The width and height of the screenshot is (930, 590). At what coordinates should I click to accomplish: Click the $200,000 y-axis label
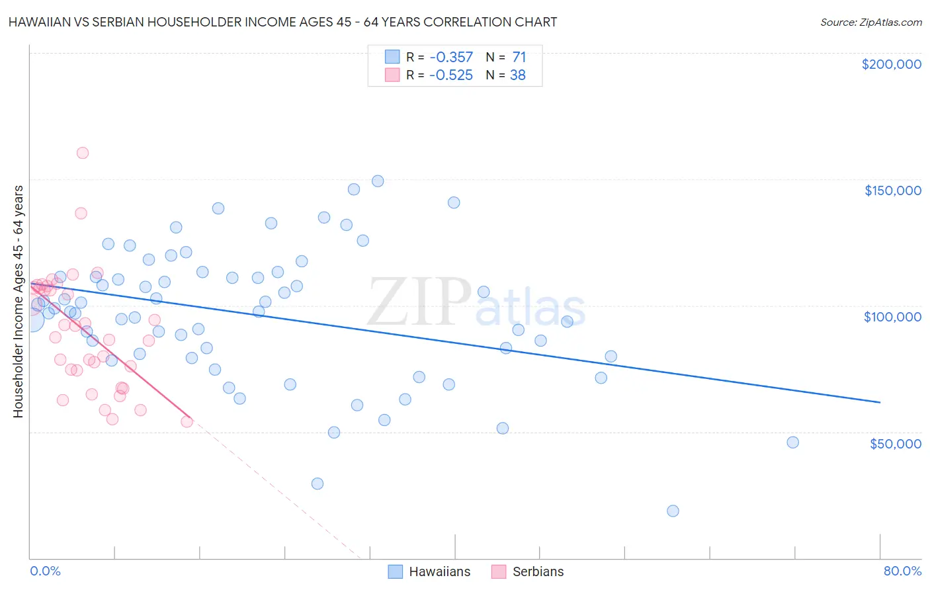click(x=891, y=64)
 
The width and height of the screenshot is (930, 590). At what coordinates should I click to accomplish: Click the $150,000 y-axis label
click(x=892, y=190)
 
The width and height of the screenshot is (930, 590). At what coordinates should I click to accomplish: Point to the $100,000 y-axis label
click(x=892, y=317)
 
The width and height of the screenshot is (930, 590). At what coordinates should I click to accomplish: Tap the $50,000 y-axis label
click(x=895, y=444)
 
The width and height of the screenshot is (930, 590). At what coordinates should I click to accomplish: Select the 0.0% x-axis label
click(x=45, y=571)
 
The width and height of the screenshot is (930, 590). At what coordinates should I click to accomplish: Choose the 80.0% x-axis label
click(x=902, y=571)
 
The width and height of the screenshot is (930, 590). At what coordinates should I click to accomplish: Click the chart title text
click(x=282, y=22)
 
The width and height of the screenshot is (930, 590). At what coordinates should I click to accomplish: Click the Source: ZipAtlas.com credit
click(x=870, y=22)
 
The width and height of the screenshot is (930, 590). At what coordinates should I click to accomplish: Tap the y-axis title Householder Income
click(x=19, y=302)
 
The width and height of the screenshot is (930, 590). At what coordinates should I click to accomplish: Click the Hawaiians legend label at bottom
click(x=439, y=571)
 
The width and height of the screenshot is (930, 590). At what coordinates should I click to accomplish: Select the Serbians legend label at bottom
click(x=538, y=571)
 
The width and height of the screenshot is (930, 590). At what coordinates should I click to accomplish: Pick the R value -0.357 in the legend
click(x=450, y=58)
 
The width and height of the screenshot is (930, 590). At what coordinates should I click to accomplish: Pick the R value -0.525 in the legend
click(x=450, y=75)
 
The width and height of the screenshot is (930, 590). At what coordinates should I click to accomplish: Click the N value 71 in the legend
click(x=519, y=58)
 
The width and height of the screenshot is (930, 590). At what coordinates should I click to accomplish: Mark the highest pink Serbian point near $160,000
click(x=83, y=153)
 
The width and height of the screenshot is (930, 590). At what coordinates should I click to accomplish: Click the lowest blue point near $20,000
click(x=673, y=511)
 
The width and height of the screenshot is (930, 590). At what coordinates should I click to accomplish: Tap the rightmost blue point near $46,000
click(x=792, y=442)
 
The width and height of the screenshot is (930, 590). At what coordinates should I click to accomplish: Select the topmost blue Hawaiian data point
click(x=378, y=181)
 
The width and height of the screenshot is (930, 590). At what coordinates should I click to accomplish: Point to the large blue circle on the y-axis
click(x=32, y=320)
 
